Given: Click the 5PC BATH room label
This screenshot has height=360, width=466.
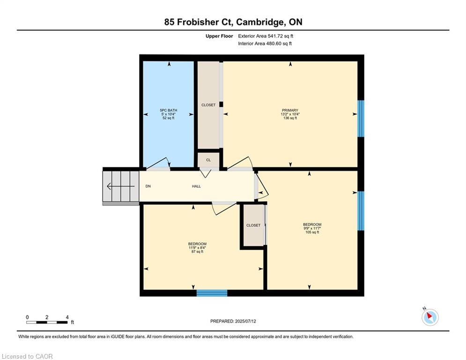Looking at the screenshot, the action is [169, 110].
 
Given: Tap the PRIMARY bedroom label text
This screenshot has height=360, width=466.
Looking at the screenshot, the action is [290, 110].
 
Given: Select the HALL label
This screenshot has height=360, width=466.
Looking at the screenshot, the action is [196, 186].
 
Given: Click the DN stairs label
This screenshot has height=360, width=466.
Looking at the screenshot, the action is [148, 186].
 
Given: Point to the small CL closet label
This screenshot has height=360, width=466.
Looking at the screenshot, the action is [208, 160].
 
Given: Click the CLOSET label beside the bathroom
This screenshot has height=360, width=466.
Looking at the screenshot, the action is [208, 105].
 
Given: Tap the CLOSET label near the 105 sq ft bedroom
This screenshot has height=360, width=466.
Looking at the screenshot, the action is [253, 225].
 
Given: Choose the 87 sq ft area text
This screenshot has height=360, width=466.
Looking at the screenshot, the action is [197, 252].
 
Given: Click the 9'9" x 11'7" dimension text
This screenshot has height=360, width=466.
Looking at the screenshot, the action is [312, 228].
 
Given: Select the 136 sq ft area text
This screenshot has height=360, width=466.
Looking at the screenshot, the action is [290, 118].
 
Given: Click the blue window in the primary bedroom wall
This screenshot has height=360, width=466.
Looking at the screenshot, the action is [361, 119].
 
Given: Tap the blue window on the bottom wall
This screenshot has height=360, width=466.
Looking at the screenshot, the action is [212, 293].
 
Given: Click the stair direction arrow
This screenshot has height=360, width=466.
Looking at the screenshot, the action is [121, 187].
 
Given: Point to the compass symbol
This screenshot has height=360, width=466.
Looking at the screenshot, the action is [430, 317].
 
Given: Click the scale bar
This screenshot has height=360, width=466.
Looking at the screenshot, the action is [47, 322].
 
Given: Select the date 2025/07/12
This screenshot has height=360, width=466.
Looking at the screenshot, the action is [245, 321].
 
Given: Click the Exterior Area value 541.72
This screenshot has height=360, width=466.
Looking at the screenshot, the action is [275, 36].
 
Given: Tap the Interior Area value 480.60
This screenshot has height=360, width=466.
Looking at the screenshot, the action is [274, 44].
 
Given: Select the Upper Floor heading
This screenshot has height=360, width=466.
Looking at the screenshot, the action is [219, 36].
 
